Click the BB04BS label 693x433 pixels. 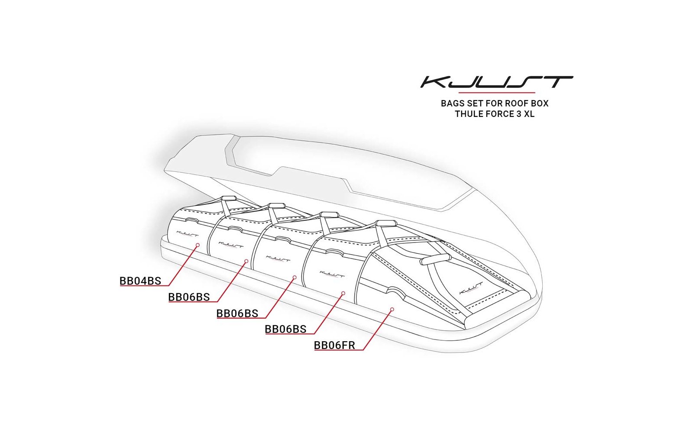click(x=140, y=281)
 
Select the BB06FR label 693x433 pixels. click(x=334, y=345)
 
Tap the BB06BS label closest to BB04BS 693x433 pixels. click(x=189, y=297)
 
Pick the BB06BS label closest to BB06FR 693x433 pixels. click(x=285, y=329)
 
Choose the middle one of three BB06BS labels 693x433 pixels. click(x=237, y=313)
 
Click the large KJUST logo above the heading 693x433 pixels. click(x=496, y=82)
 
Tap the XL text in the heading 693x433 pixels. click(x=529, y=114)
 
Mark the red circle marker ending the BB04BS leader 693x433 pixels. click(x=198, y=245)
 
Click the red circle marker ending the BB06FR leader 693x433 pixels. click(x=392, y=309)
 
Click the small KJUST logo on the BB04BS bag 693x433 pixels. click(x=187, y=233)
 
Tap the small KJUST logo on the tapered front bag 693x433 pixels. click(x=470, y=288)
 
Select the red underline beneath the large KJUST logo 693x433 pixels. click(x=497, y=93)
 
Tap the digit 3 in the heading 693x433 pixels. click(x=518, y=114)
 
